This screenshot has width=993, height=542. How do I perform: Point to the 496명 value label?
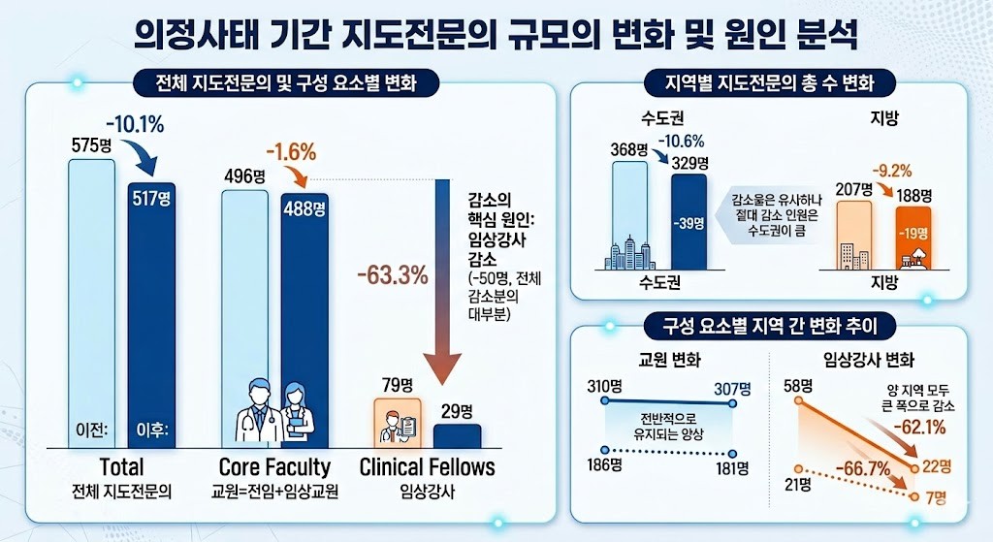point(244,175)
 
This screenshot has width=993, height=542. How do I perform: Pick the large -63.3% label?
point(393,274)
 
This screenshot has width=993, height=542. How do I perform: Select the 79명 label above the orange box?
point(397,384)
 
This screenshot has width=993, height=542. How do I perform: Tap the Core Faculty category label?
point(274,467)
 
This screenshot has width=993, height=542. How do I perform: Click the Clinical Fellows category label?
point(427,467)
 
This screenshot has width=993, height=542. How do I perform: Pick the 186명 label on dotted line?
point(604,465)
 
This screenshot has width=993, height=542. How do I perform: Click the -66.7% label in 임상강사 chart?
point(867,468)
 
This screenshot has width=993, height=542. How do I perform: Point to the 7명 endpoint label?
point(936,497)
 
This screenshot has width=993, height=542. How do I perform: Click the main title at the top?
point(496,38)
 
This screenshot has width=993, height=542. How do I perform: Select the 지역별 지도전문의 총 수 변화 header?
point(767,82)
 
